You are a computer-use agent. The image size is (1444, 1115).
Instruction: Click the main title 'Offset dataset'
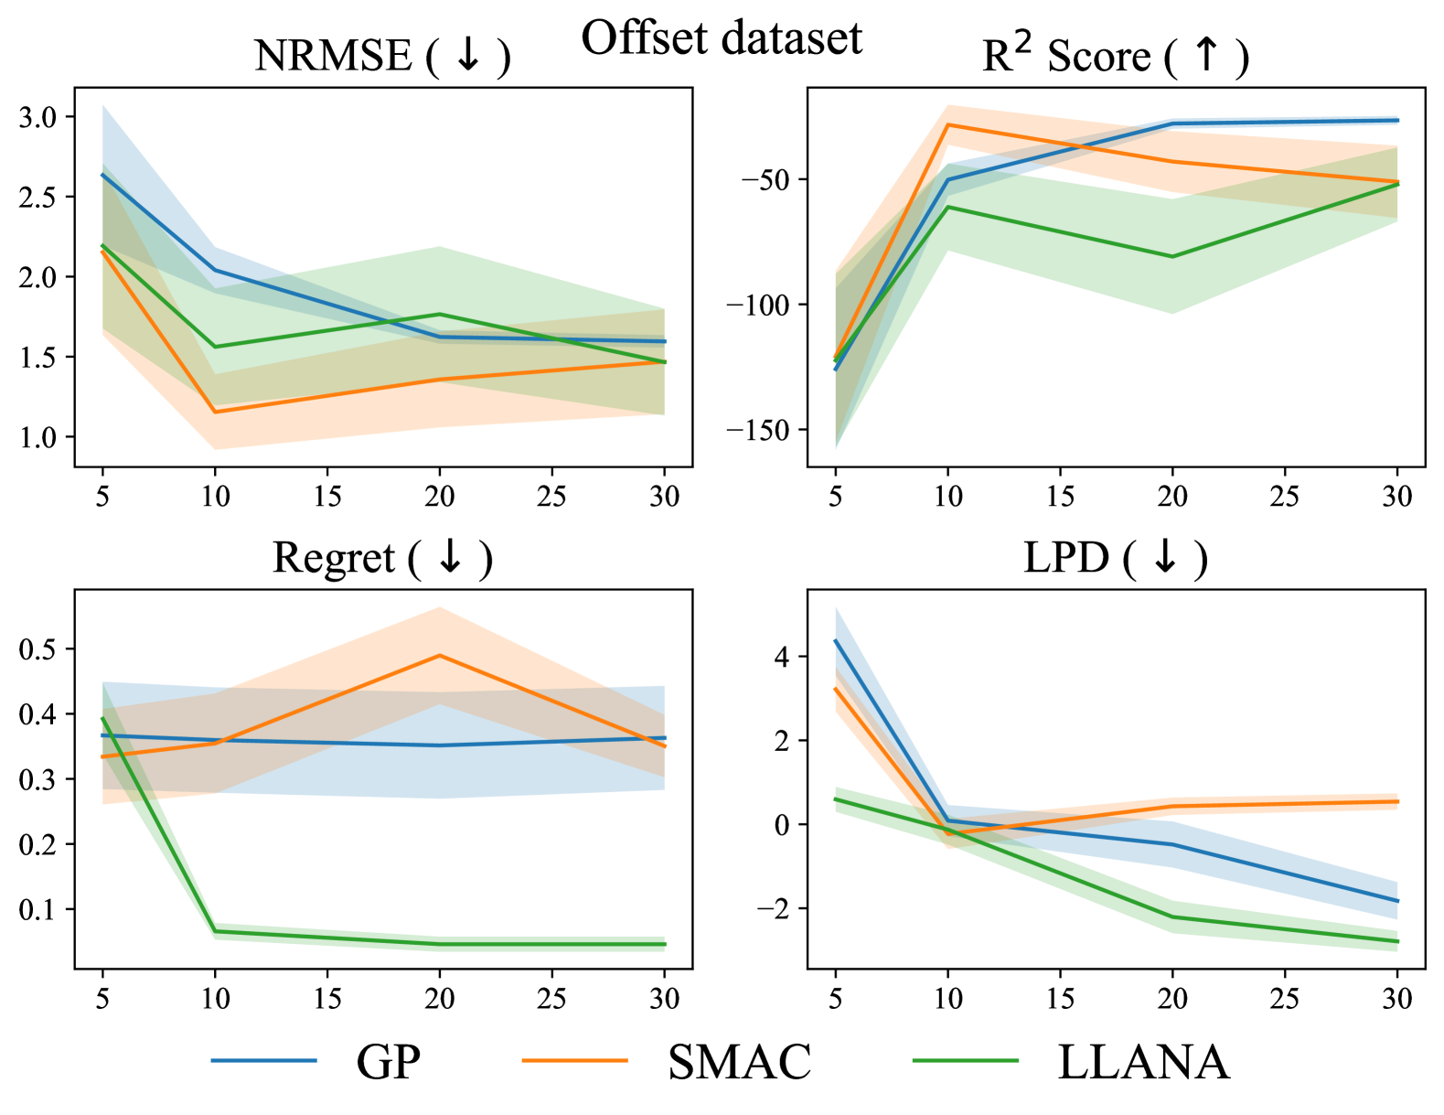(x=722, y=38)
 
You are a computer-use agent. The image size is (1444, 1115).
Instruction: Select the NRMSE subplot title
(x=381, y=56)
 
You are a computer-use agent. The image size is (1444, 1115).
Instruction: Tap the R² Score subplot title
(x=1115, y=56)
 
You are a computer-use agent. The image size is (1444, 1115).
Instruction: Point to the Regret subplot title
(x=382, y=558)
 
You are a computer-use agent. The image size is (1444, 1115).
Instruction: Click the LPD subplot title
(x=1115, y=558)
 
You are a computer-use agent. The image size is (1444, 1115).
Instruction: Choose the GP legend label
(x=388, y=1062)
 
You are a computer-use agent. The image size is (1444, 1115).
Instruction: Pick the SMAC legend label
(x=739, y=1062)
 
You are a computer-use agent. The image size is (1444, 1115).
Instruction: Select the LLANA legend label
(x=1143, y=1062)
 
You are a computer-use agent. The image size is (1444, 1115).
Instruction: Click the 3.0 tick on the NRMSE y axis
(x=37, y=117)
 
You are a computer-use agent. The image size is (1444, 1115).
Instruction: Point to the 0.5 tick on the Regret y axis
(x=37, y=649)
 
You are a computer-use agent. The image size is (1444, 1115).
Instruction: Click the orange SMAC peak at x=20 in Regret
(x=440, y=656)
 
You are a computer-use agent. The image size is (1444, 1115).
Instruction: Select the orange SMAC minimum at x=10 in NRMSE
(x=215, y=412)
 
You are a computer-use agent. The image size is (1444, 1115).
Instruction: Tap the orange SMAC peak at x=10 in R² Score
(x=948, y=124)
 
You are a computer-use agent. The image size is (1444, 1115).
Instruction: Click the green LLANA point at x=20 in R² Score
(x=1172, y=256)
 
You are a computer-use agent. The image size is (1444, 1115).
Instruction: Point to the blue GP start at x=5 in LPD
(x=836, y=641)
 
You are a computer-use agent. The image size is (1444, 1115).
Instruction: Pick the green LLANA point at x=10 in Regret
(x=215, y=931)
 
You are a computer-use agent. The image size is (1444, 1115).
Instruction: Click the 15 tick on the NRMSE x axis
(x=327, y=497)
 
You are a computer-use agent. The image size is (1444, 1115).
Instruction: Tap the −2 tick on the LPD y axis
(x=772, y=908)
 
